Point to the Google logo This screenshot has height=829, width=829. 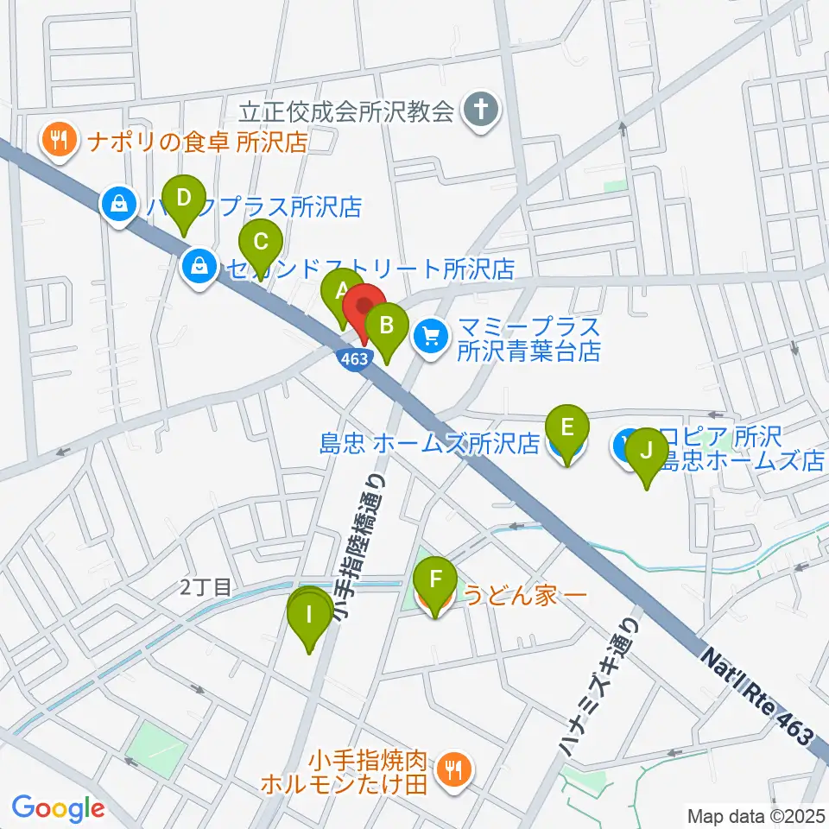(x=58, y=808)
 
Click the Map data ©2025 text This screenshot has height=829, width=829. (x=755, y=814)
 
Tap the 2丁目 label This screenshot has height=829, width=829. (x=207, y=588)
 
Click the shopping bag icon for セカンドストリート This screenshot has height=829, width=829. (x=200, y=268)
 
